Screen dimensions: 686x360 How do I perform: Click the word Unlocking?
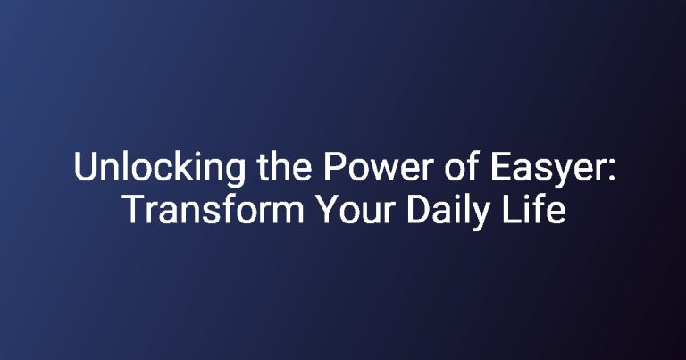point(160,168)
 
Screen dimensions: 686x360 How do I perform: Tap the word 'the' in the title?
point(284,166)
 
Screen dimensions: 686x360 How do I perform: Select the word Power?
point(379,167)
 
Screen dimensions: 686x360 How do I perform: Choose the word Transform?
point(213,209)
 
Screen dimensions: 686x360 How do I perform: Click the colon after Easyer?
point(611,171)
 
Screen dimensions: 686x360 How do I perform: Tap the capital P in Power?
point(334,167)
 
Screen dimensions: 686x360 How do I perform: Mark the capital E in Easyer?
point(500,167)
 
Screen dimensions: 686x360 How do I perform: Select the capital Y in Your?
point(328,210)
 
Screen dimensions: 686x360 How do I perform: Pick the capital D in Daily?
point(418,210)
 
